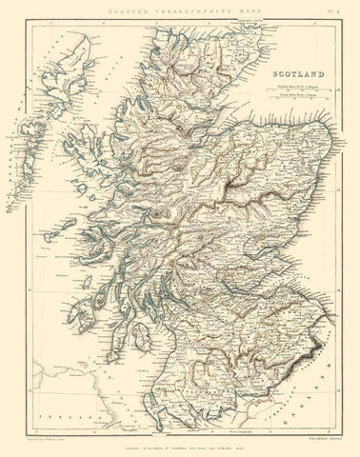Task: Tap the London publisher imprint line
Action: [181, 443]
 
